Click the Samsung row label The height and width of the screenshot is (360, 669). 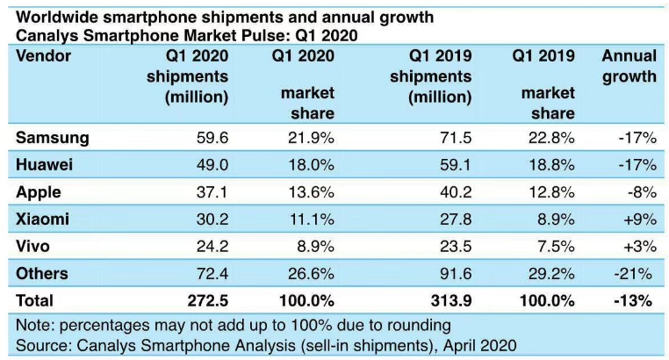53,138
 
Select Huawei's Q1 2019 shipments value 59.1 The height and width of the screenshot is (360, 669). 457,165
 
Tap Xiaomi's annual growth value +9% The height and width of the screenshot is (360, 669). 637,219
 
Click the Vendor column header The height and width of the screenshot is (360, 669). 43,57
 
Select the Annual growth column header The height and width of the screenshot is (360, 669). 629,67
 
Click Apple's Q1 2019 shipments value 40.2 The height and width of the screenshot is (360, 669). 457,191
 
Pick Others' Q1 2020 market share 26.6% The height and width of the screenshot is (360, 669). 312,273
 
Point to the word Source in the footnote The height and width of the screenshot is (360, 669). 41,345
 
